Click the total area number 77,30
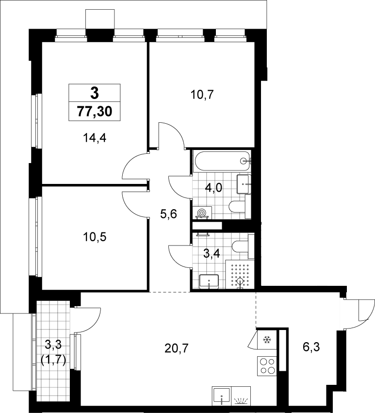[x=95, y=112]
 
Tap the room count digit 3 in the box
[x=95, y=93]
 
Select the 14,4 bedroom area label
[x=95, y=137]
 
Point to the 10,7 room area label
[x=202, y=95]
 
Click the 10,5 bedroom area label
[x=95, y=237]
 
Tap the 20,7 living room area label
[x=177, y=348]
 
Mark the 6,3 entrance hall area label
[x=311, y=347]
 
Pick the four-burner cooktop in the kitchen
[x=267, y=366]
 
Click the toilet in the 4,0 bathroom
[x=240, y=207]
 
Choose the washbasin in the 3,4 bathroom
[x=209, y=281]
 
